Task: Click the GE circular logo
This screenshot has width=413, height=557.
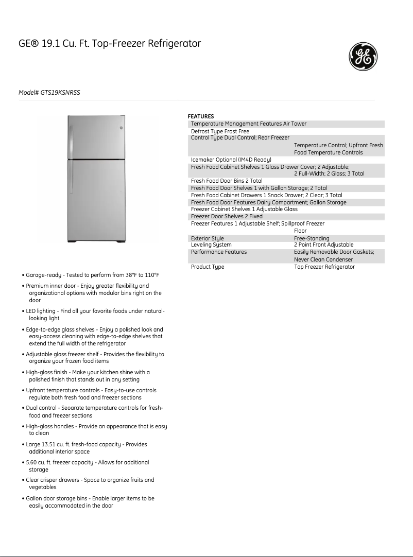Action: [x=364, y=57]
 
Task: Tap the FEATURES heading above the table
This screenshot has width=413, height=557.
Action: [x=201, y=116]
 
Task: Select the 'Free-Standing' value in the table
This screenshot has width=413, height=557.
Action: [x=312, y=238]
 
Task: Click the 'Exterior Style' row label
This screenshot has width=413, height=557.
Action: [x=207, y=238]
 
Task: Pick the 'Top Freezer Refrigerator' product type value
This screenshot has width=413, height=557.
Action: [x=324, y=267]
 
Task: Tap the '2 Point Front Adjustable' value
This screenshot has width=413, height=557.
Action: [x=323, y=245]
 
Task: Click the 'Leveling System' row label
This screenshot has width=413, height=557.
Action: [x=211, y=245]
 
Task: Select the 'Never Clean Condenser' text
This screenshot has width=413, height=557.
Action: [x=323, y=259]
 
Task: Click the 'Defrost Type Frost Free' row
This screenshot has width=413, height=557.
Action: [x=220, y=131]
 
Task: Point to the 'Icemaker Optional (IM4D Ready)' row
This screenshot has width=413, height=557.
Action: [x=231, y=160]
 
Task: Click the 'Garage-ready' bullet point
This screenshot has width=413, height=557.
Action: [x=93, y=275]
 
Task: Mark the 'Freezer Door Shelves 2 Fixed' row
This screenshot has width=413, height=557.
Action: [x=227, y=217]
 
